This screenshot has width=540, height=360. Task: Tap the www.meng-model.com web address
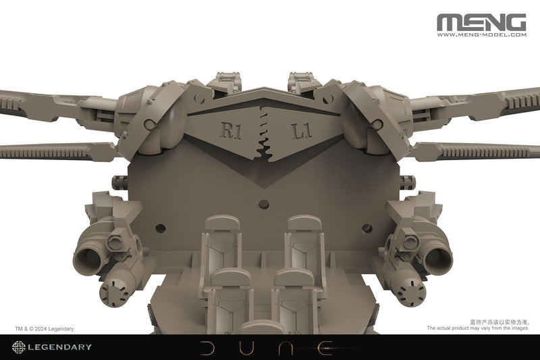[x=481, y=36]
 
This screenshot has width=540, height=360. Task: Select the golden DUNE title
[x=269, y=347]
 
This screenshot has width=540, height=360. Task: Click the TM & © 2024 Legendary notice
[x=44, y=329]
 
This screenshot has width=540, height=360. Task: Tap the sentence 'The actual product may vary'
[x=477, y=329]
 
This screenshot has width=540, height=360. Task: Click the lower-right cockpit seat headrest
[x=294, y=278]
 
